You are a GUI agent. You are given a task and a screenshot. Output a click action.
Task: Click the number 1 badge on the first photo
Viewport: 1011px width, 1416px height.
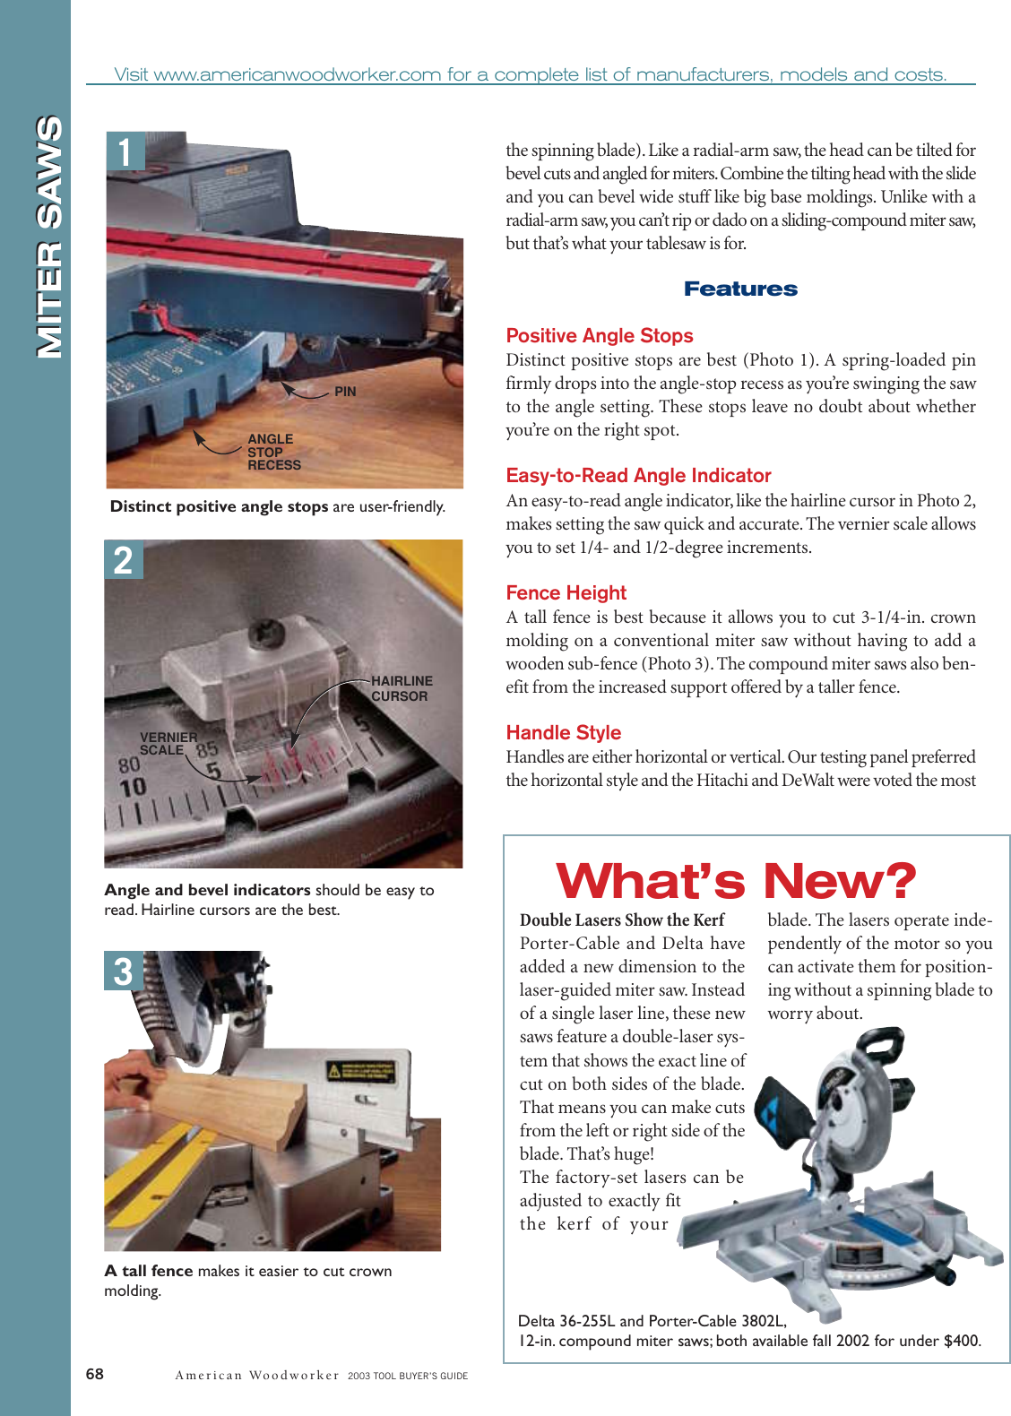125,151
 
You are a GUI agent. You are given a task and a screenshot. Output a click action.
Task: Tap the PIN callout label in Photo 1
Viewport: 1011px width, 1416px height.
345,392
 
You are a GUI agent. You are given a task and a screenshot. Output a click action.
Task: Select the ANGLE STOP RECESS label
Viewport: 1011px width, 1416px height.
273,453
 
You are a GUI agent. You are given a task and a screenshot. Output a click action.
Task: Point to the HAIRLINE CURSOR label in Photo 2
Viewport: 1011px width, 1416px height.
402,688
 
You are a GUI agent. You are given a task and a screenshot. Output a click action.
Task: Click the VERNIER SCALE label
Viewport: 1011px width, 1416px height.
168,744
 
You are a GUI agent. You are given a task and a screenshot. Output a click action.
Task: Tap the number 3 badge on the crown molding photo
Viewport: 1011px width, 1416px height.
124,971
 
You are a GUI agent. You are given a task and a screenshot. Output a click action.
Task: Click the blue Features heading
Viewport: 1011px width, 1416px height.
740,289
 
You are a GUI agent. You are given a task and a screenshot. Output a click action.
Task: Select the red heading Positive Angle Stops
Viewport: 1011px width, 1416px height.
600,336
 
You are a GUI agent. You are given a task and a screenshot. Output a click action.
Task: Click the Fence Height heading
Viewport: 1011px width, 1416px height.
566,593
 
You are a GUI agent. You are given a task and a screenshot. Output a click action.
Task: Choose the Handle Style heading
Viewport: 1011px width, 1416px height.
563,733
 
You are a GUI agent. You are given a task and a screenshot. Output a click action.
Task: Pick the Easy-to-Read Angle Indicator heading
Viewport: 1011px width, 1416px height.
638,476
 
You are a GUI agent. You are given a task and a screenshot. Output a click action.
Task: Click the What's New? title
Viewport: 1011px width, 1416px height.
736,881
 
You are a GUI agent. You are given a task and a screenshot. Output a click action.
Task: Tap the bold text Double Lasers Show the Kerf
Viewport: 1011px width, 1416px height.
621,920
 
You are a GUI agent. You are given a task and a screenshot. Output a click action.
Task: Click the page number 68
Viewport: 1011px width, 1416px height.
94,1374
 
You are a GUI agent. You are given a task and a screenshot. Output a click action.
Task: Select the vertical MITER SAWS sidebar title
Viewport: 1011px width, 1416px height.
48,237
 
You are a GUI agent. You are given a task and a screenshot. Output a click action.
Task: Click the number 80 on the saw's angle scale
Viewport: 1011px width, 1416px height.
129,764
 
